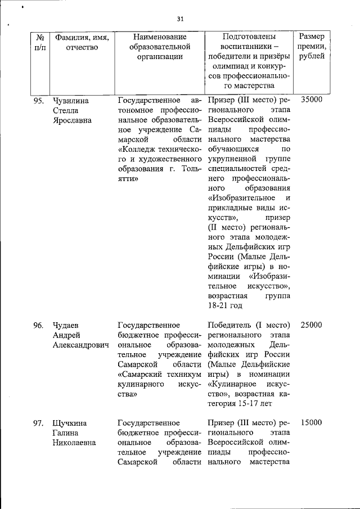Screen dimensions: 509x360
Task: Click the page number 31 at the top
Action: click(x=180, y=19)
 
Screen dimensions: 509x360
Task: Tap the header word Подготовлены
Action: click(x=248, y=37)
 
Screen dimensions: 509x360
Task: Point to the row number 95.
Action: click(x=39, y=101)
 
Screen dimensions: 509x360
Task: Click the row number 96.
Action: click(x=39, y=326)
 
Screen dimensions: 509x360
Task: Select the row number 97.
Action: click(x=39, y=422)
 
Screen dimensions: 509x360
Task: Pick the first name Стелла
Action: click(x=64, y=111)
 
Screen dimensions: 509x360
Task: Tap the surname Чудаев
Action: click(x=65, y=326)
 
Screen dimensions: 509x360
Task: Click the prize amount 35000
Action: click(x=312, y=101)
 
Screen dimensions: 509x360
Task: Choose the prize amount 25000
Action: click(x=312, y=326)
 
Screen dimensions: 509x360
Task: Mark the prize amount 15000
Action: click(x=312, y=422)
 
